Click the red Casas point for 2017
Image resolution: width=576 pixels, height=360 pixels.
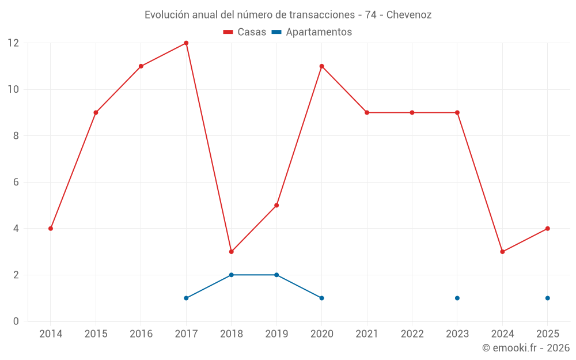pos(186,43)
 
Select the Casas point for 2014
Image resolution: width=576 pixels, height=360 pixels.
pos(51,229)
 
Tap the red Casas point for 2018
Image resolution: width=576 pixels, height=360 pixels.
pos(231,252)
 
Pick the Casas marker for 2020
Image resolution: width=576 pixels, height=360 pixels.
pos(321,66)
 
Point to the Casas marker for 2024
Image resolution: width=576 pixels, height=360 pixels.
pos(502,252)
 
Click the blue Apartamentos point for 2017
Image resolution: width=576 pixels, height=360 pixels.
pos(186,298)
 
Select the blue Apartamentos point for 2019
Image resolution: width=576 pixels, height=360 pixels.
pos(276,275)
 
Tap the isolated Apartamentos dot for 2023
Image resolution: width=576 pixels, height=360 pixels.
pos(457,298)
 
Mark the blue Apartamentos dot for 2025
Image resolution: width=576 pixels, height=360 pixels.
pos(547,298)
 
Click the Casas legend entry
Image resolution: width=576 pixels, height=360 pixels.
pos(245,32)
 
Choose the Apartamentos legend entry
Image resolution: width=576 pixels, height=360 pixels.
pos(312,32)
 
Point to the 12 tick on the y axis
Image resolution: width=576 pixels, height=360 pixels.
pos(13,43)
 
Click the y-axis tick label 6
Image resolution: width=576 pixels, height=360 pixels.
pos(16,182)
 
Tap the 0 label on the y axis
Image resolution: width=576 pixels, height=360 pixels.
pos(16,321)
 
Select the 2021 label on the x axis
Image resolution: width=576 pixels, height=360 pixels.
pos(367,334)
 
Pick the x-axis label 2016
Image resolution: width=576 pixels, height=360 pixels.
pos(141,334)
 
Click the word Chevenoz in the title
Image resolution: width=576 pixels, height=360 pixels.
pos(408,15)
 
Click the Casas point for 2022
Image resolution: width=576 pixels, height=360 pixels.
pos(412,112)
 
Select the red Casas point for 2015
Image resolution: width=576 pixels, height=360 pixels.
pos(96,112)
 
